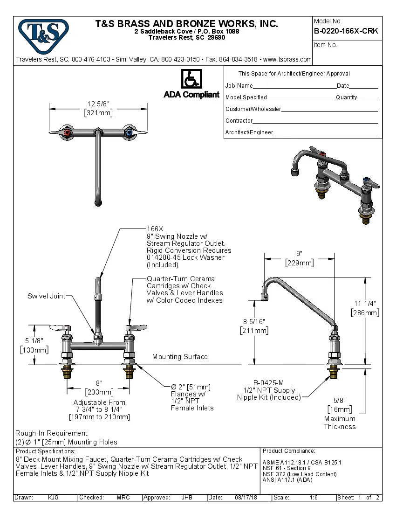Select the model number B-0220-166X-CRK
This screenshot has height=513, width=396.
click(x=346, y=31)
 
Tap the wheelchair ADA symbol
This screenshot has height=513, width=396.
click(x=191, y=79)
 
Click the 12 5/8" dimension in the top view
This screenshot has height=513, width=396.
click(x=98, y=104)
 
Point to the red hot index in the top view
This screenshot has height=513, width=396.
click(x=68, y=134)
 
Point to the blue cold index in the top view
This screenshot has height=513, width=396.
click(x=129, y=134)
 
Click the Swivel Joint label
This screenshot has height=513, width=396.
click(x=46, y=296)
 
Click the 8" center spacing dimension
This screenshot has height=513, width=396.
click(x=99, y=383)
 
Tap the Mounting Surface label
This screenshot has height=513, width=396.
click(x=180, y=357)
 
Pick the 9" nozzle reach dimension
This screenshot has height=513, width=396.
click(x=299, y=253)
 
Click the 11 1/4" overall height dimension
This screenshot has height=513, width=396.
click(x=365, y=303)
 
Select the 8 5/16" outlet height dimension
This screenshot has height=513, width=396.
click(x=254, y=321)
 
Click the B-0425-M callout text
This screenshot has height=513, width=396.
click(x=269, y=383)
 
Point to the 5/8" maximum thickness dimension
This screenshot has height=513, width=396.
click(x=340, y=400)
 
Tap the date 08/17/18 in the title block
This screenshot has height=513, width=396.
click(x=246, y=498)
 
